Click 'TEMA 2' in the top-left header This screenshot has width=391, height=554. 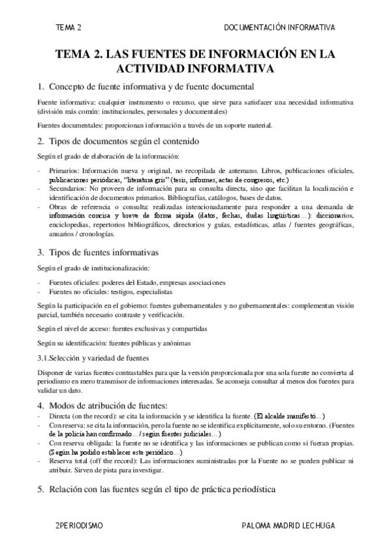69,27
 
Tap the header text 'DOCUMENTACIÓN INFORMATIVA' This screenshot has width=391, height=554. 279,27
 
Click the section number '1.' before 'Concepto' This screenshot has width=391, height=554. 40,87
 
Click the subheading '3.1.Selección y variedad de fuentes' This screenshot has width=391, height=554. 93,357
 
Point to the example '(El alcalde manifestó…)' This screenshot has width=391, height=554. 289,416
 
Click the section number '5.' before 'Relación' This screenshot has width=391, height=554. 40,489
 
